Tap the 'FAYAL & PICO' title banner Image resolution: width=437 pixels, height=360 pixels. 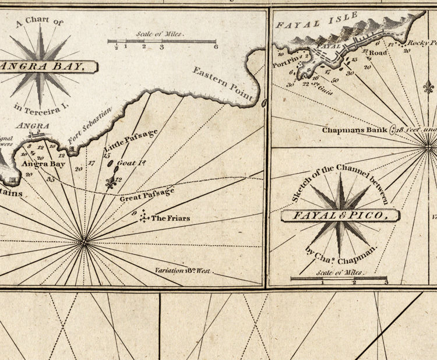pos(341,216)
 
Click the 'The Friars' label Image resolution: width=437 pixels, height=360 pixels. pos(171,218)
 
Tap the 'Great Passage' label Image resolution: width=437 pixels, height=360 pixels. pos(147,195)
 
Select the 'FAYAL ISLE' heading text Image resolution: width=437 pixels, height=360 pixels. pos(308,22)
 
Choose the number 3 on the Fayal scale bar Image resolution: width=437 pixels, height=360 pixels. pos(386,283)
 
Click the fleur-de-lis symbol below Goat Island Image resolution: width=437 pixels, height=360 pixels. pos(112,183)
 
